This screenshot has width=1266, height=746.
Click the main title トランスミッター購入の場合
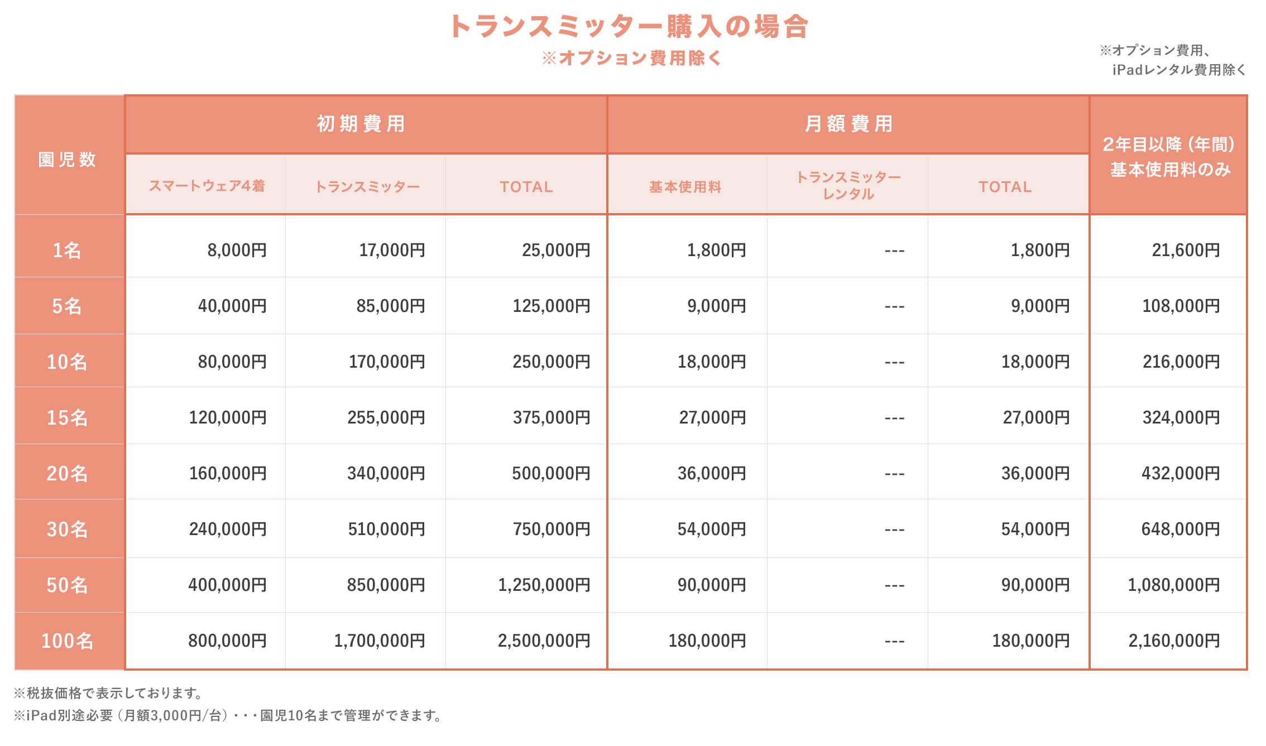tap(629, 26)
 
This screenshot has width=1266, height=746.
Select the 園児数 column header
tap(67, 160)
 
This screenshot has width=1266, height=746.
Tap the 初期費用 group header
tap(361, 124)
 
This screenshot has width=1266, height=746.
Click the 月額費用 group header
tap(848, 124)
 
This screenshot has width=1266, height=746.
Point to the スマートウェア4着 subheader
tap(207, 186)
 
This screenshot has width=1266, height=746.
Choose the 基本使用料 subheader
tap(685, 187)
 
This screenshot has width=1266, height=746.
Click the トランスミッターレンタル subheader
tap(848, 185)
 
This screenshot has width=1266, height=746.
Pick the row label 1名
tap(67, 250)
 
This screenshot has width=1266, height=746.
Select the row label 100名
tap(67, 641)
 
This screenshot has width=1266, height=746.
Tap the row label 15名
tap(67, 417)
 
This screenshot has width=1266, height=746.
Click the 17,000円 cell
tap(392, 250)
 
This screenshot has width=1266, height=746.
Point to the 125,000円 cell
tap(551, 306)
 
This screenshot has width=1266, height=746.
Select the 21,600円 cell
tap(1186, 250)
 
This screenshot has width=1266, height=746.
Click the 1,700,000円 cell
tap(380, 641)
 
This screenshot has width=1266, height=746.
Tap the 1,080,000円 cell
tap(1173, 585)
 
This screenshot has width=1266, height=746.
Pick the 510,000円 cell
tap(386, 529)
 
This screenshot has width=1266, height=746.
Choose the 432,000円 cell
tap(1181, 473)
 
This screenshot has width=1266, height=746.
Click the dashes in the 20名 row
tap(894, 474)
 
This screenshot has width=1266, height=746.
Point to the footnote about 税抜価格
tap(109, 693)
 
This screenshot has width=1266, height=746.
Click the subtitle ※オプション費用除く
tap(632, 58)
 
